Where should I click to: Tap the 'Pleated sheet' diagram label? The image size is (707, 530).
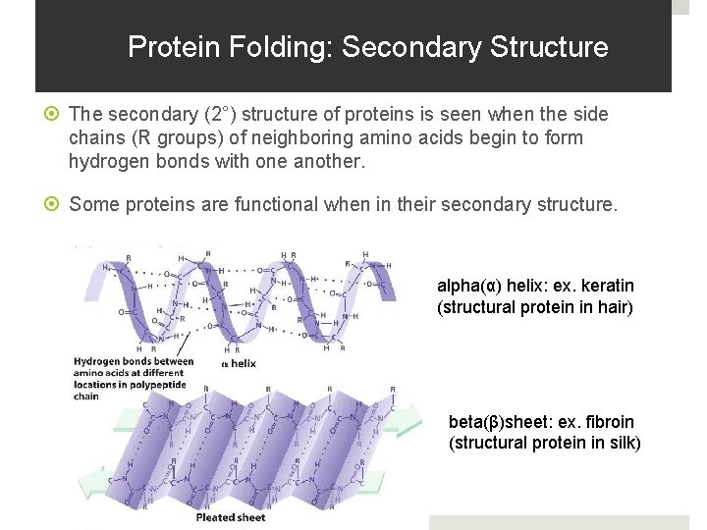[x=231, y=517]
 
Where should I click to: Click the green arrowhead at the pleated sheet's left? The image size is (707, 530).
[x=89, y=484]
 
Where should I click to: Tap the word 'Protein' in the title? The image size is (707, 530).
[x=165, y=47]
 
